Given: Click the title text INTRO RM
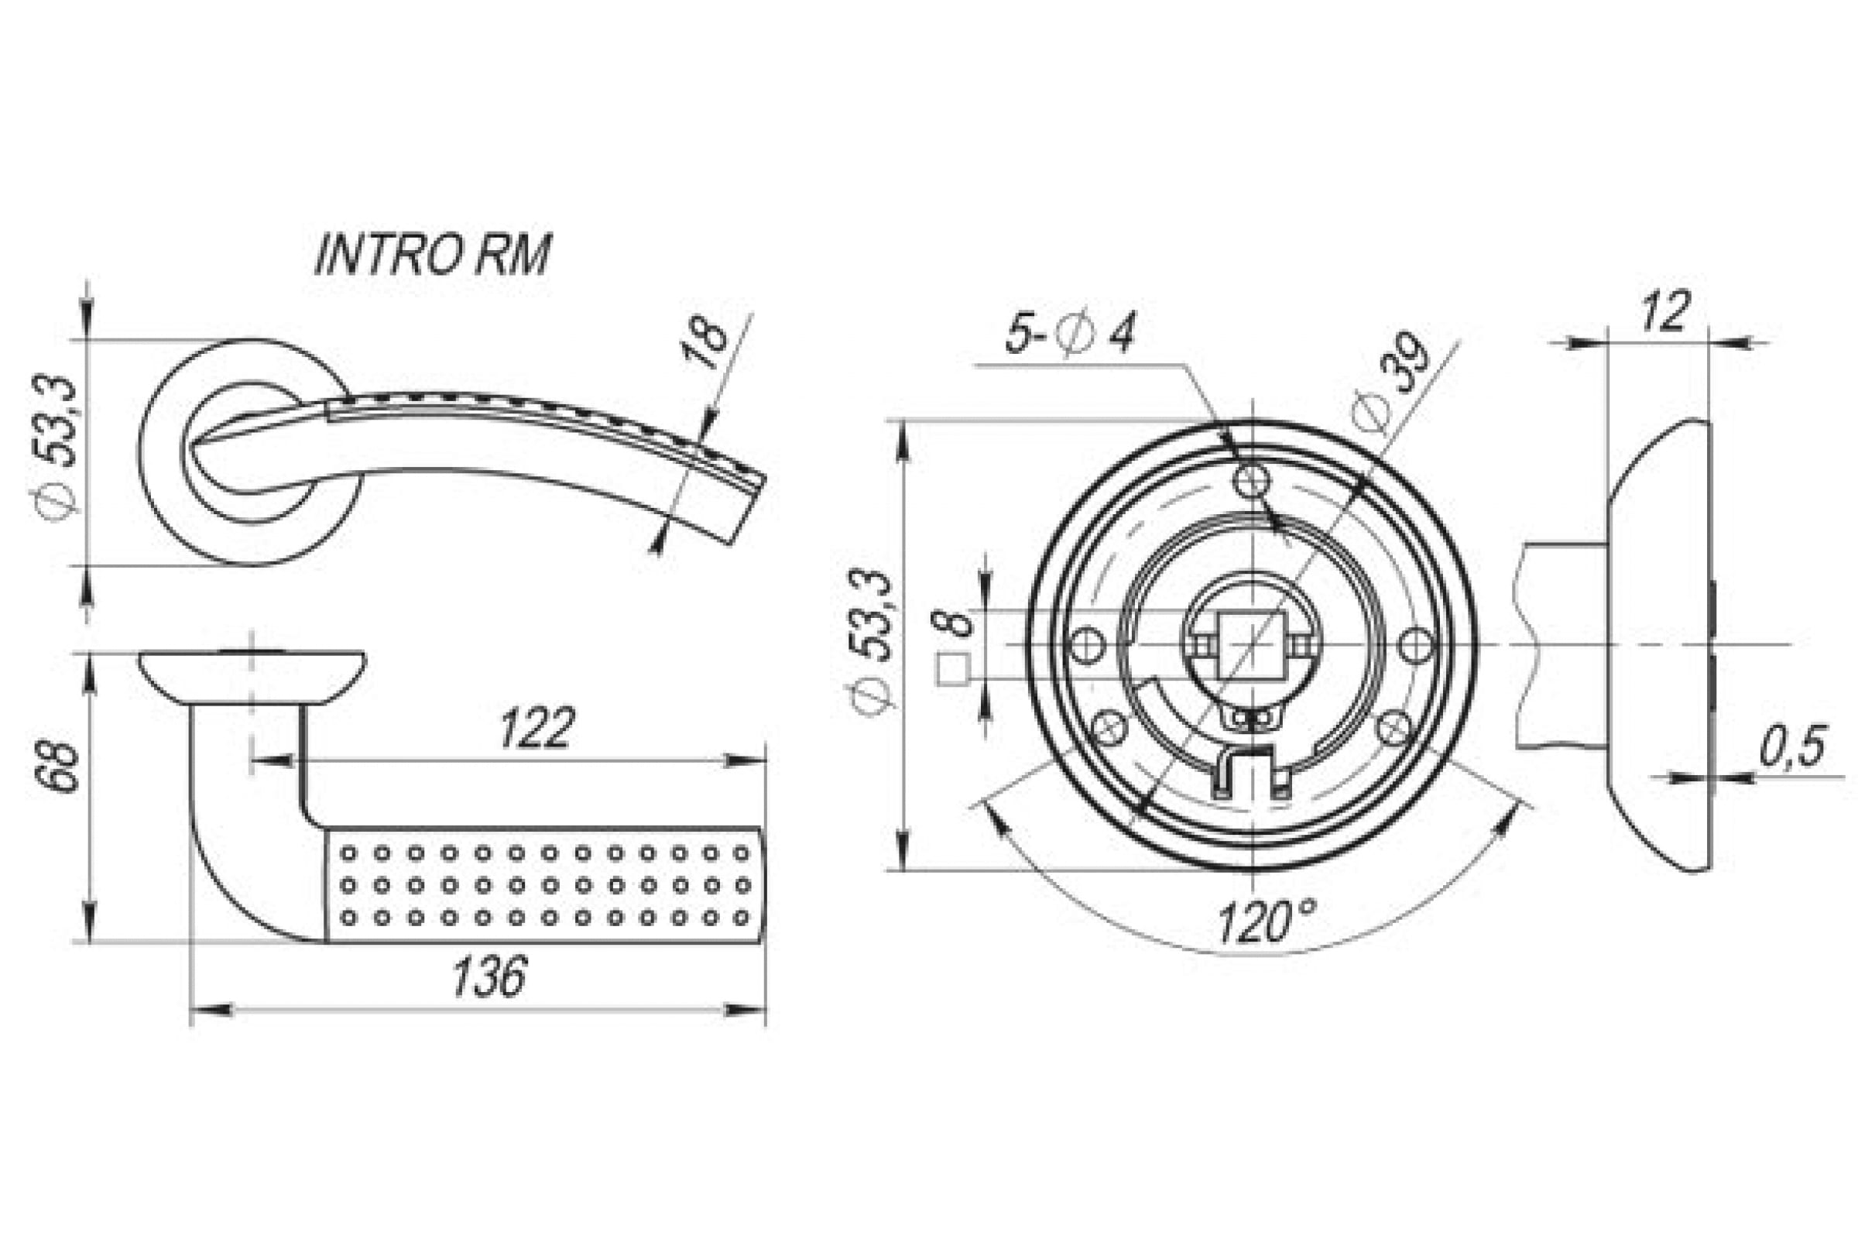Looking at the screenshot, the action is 432,256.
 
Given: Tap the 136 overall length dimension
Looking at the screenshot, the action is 488,976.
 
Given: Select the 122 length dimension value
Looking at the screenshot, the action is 536,728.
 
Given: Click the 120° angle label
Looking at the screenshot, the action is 1267,922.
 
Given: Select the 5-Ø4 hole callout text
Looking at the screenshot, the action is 1069,335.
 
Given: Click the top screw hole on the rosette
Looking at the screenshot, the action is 1253,479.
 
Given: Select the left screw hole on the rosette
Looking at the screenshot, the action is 1085,645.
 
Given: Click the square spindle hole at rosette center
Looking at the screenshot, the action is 1252,645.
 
